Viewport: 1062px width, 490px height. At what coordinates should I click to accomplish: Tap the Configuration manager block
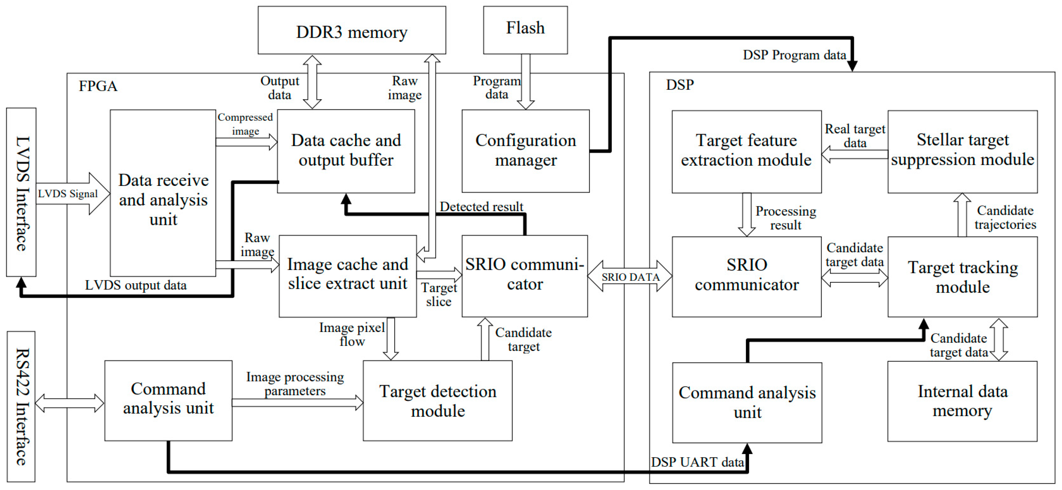pyautogui.click(x=525, y=151)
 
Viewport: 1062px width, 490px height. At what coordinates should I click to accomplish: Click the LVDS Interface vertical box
pyautogui.click(x=21, y=192)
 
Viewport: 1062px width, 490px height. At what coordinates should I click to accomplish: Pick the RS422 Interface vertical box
pyautogui.click(x=21, y=406)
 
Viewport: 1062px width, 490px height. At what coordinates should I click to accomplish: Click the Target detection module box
pyautogui.click(x=437, y=401)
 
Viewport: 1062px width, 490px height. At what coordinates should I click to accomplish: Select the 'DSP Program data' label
pyautogui.click(x=794, y=55)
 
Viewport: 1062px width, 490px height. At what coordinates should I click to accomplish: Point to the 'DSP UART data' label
pyautogui.click(x=697, y=462)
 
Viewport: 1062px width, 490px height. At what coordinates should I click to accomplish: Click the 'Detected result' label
pyautogui.click(x=481, y=206)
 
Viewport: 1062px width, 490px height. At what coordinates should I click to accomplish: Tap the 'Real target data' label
pyautogui.click(x=855, y=136)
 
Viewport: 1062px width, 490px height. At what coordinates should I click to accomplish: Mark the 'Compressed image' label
pyautogui.click(x=245, y=124)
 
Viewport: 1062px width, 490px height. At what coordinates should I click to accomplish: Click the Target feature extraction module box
pyautogui.click(x=746, y=151)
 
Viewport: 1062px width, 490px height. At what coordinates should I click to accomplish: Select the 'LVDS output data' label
pyautogui.click(x=136, y=285)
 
